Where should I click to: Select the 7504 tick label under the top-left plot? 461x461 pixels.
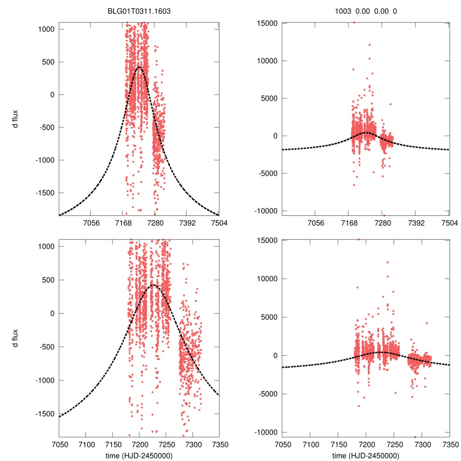click(x=219, y=223)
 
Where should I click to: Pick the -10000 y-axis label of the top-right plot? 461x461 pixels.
click(x=265, y=211)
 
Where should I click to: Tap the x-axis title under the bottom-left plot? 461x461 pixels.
click(x=139, y=455)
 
